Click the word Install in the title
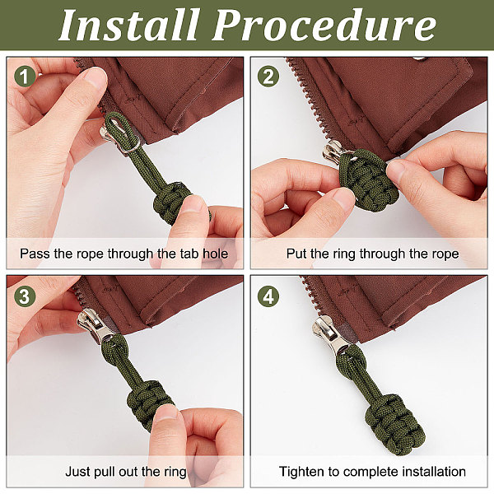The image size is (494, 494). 129,25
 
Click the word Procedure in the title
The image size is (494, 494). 324,25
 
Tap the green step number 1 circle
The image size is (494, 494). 25,77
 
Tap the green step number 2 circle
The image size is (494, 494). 268,77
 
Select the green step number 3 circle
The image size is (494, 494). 25,296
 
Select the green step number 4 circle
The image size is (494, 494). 268,296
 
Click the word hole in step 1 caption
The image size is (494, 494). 216,254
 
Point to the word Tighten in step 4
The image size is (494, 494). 302,472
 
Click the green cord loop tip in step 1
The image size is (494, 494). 110,117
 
